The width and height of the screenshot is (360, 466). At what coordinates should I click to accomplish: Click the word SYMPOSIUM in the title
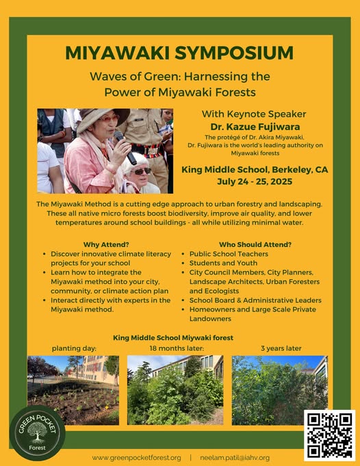click(x=234, y=53)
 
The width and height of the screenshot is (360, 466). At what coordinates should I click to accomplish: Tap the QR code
click(x=329, y=435)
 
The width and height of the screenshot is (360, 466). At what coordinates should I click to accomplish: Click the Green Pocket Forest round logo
click(x=38, y=433)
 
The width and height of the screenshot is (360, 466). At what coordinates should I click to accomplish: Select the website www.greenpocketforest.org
click(x=136, y=458)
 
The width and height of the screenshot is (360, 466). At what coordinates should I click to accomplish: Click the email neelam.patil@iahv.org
click(x=235, y=458)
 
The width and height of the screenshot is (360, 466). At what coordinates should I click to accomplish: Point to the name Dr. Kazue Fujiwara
click(x=255, y=127)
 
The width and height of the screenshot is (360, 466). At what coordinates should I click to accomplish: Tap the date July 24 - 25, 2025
click(x=255, y=181)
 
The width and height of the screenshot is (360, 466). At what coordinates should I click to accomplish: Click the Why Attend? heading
click(x=106, y=244)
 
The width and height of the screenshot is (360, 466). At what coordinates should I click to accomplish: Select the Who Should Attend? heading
click(x=255, y=244)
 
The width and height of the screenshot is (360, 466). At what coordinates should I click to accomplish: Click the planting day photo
click(x=73, y=390)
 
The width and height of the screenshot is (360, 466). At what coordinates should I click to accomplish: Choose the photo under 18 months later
click(x=175, y=390)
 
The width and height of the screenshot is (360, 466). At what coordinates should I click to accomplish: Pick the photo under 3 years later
click(x=280, y=390)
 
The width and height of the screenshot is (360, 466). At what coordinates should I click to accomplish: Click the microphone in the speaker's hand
click(x=125, y=148)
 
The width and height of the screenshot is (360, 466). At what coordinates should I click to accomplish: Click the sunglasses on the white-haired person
click(x=142, y=171)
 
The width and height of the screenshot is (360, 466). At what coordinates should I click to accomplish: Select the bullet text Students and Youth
click(x=223, y=263)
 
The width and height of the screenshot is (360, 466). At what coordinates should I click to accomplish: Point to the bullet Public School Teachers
click(x=229, y=254)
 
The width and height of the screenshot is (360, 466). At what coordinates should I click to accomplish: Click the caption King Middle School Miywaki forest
click(x=173, y=338)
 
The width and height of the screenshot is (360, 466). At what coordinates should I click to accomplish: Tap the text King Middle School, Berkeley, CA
click(x=255, y=170)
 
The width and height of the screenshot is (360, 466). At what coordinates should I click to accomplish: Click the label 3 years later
click(x=281, y=348)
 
